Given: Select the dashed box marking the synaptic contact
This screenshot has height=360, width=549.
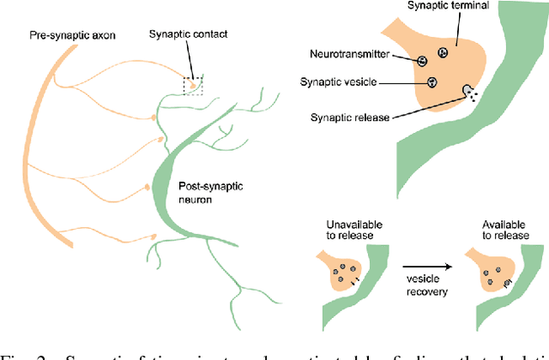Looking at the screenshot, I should pyautogui.click(x=195, y=84).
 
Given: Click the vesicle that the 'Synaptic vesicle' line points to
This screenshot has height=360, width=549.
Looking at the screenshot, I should pyautogui.click(x=432, y=82).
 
